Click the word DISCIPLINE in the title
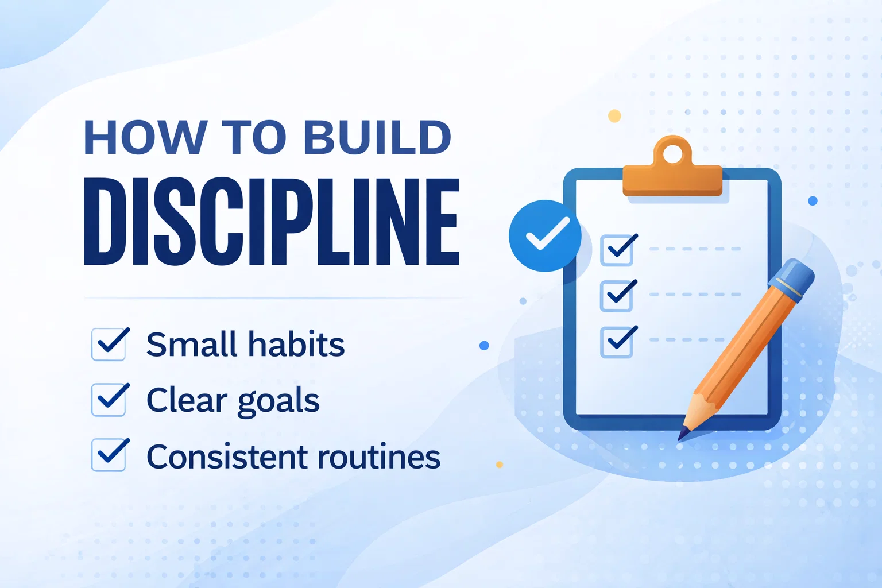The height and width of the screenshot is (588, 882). coord(272,221)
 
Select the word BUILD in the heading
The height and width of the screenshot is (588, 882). coord(377,137)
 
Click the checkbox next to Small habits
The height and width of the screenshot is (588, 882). coord(109,344)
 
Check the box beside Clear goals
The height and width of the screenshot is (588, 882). coord(109,400)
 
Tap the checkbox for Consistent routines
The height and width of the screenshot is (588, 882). coord(109,455)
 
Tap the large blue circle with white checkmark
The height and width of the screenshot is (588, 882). coord(545,236)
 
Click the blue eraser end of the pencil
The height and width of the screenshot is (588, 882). coord(792,279)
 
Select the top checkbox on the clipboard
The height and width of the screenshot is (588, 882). coord(617,250)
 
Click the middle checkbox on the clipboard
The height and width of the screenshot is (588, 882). coord(617,296)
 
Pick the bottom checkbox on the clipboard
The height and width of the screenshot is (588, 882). coord(617,342)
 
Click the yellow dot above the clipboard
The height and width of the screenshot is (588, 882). coord(614,116)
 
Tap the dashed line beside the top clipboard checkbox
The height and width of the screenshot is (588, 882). coord(695,249)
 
